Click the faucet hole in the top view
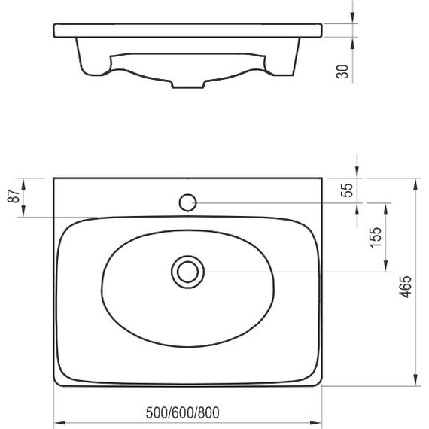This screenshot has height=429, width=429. click(x=187, y=202)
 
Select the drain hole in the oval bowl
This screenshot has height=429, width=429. click(x=187, y=271)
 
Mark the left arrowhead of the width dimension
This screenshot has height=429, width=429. click(x=58, y=422)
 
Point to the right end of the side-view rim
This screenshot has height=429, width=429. click(x=322, y=30)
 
